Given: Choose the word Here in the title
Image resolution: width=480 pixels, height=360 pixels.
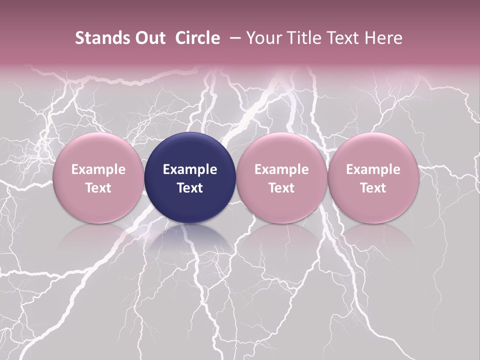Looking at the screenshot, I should click(383, 38).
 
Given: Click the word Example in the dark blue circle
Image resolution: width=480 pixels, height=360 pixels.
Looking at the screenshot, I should click(190, 169).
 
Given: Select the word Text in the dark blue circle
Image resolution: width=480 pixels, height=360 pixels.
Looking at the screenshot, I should click(190, 188).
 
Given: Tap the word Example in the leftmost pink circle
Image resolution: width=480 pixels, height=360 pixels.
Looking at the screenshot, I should click(98, 169).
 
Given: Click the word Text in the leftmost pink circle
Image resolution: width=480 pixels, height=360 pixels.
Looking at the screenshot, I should click(98, 188).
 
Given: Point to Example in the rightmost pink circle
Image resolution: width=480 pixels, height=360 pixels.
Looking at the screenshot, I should click(373, 169).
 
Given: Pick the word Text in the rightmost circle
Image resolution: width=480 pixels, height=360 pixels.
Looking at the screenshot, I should click(373, 188).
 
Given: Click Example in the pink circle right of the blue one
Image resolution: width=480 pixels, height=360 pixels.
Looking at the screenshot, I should click(281, 169).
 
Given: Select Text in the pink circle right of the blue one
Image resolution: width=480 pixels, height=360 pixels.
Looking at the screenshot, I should click(281, 188).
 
